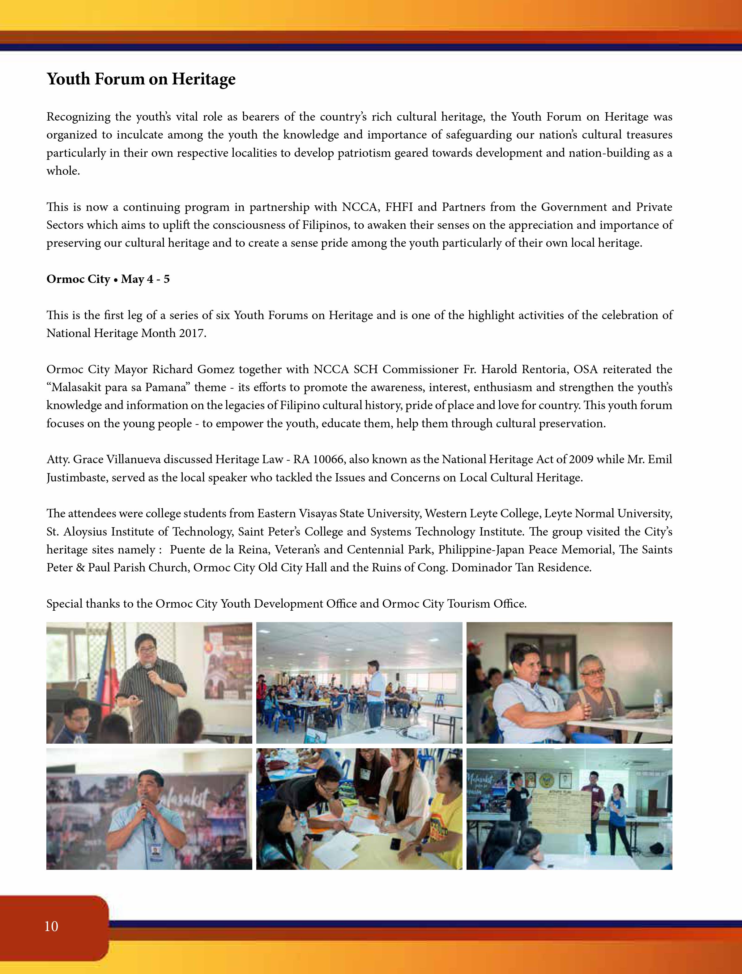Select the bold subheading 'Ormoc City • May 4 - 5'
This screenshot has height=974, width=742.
[108, 279]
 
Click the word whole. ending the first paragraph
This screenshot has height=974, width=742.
[63, 171]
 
